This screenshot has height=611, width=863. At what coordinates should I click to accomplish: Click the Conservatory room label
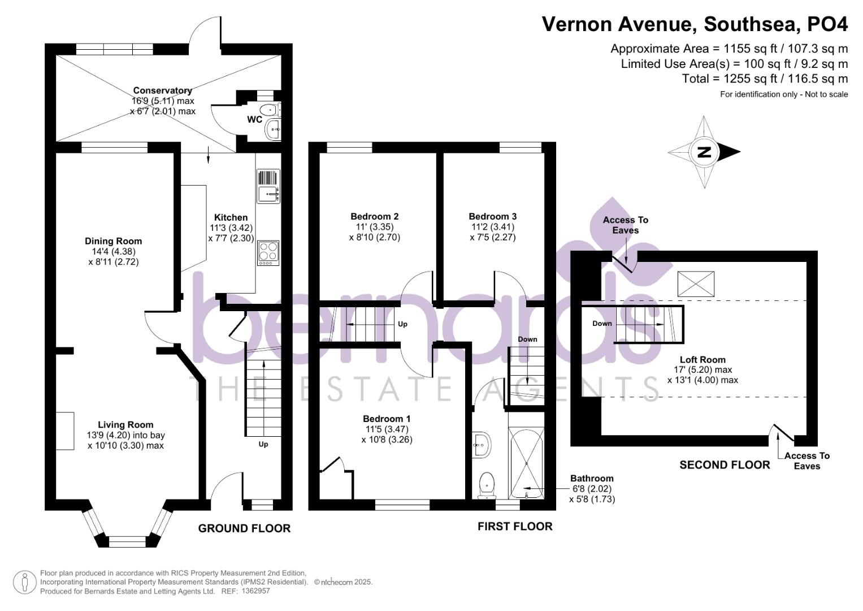163,91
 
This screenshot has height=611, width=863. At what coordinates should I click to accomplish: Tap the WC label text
254,120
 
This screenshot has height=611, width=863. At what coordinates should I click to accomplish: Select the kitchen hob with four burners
268,253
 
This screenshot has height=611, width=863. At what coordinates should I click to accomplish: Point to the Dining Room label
113,242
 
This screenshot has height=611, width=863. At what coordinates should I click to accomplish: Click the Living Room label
125,425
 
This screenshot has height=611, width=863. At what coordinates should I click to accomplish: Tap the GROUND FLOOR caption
244,528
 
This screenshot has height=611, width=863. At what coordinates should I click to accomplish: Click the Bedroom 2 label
374,217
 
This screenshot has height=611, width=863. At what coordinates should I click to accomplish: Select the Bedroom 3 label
492,217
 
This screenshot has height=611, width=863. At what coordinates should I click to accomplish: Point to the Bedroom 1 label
387,419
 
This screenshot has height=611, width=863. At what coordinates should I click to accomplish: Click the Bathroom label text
591,479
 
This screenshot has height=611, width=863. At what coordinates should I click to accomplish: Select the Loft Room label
702,360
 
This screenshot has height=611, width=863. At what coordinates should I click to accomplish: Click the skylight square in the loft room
696,283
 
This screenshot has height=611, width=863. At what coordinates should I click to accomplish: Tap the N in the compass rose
704,152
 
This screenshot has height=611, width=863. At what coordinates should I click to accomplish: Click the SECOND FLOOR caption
725,465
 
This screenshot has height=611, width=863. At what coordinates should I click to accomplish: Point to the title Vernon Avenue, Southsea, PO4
695,24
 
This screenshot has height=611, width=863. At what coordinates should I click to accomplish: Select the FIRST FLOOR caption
515,527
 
